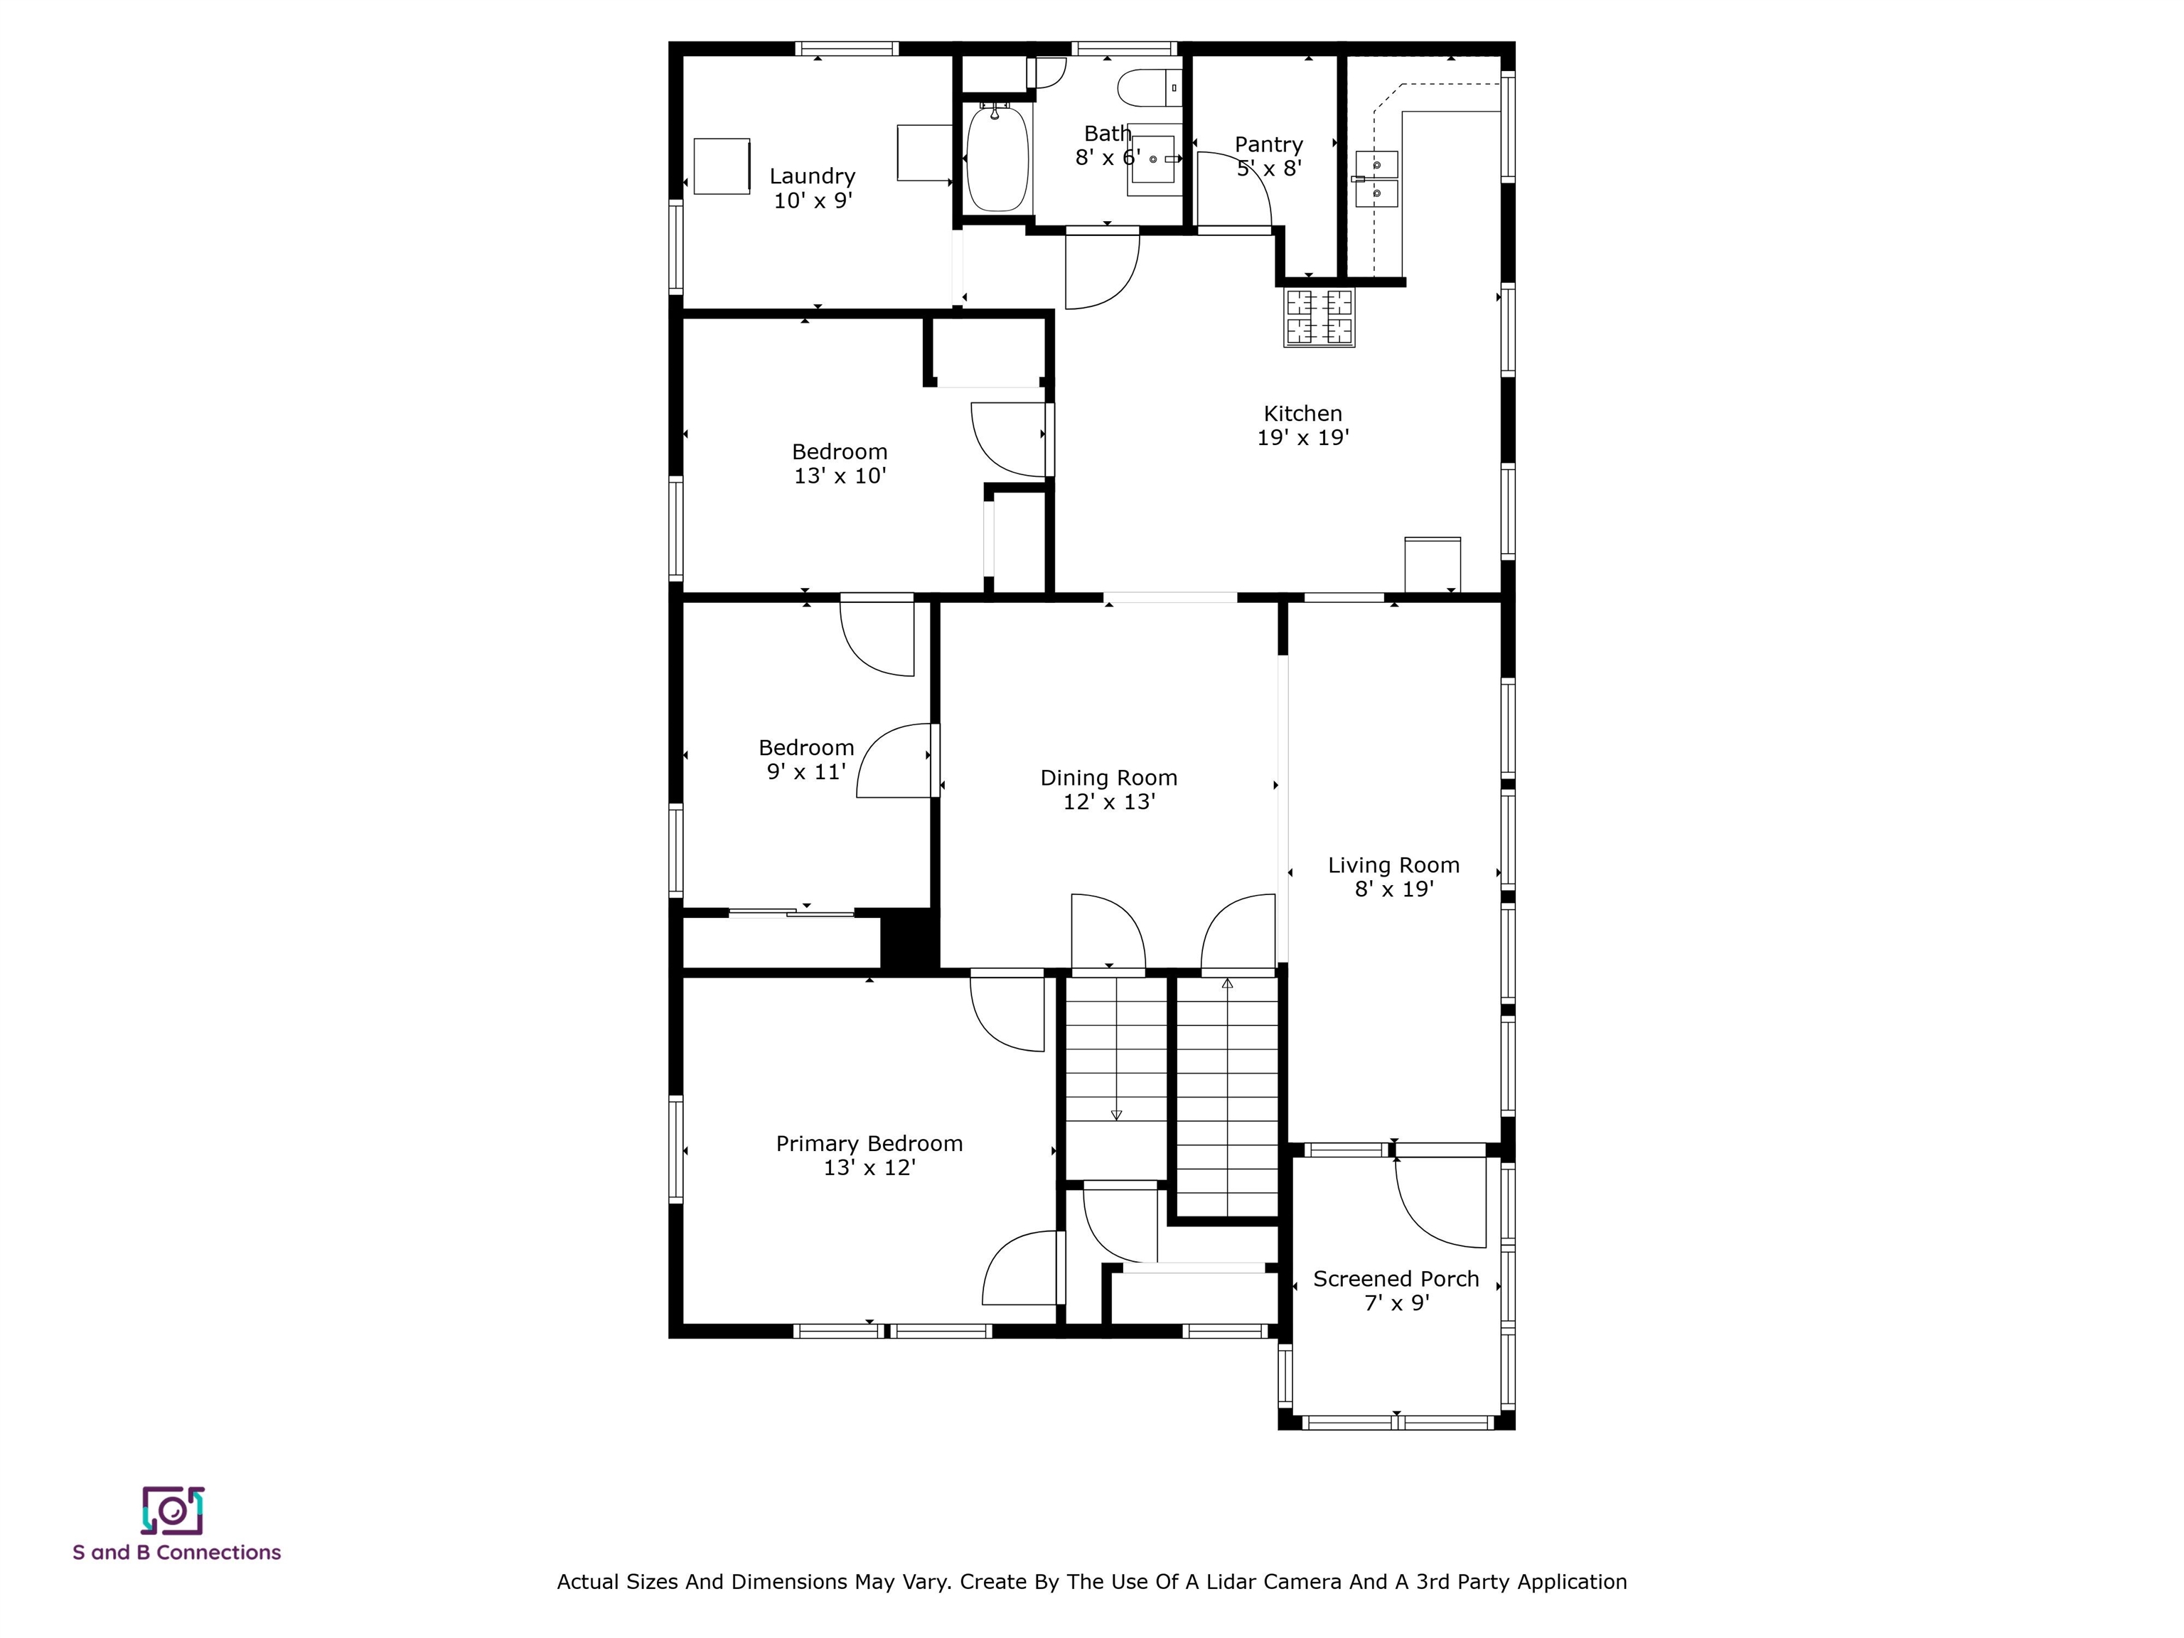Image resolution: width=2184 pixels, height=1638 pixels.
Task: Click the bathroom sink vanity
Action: (1153, 160)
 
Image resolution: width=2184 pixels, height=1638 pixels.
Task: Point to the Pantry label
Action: (1269, 145)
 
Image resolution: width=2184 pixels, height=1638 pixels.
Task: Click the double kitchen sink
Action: (1376, 178)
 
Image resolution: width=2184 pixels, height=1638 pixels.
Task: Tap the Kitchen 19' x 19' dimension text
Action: (1302, 439)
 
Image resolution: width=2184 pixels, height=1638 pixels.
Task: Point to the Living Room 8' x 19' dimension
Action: (1393, 889)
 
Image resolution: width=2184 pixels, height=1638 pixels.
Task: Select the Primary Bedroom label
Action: (869, 1143)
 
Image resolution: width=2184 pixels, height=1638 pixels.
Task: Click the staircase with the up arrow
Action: (1227, 1096)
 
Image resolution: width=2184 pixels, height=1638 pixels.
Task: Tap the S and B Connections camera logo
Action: (173, 1511)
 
